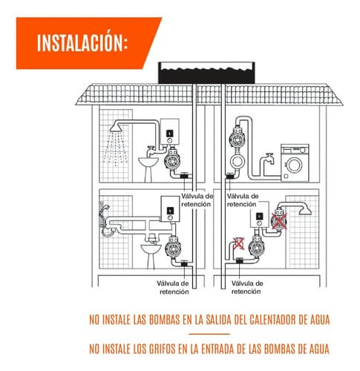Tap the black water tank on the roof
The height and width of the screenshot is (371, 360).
click(x=206, y=73)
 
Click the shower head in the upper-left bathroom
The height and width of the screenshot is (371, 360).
click(x=116, y=128)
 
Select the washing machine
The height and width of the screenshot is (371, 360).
click(x=295, y=163)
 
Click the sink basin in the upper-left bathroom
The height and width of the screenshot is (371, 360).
click(x=148, y=162)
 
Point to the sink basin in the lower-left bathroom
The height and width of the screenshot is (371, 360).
click(x=151, y=249)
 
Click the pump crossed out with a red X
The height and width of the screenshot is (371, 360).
click(x=279, y=220)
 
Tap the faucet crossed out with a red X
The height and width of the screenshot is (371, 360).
click(x=238, y=243)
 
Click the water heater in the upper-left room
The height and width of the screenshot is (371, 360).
click(x=170, y=132)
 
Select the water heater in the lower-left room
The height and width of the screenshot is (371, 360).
click(x=170, y=209)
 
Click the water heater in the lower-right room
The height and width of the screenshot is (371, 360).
click(x=260, y=214)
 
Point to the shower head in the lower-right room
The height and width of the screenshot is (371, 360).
click(x=305, y=211)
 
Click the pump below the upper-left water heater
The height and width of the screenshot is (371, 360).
click(x=172, y=160)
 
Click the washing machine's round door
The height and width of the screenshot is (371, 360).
click(x=294, y=165)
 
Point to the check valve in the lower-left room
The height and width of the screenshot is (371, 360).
click(x=184, y=263)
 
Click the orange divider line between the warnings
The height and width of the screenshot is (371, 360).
click(x=209, y=334)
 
